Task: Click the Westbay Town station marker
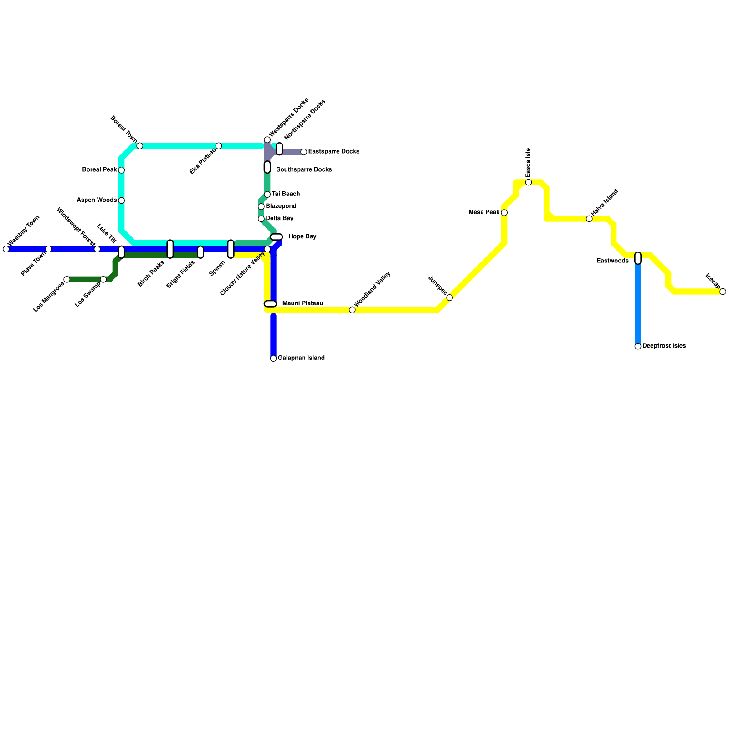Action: [6, 249]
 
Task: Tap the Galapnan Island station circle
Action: [273, 359]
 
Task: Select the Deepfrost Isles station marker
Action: [638, 346]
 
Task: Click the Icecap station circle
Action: [723, 292]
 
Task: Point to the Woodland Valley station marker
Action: [352, 310]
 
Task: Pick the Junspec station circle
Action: [450, 298]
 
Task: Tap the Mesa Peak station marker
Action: [504, 213]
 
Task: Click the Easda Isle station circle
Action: [529, 182]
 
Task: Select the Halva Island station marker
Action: [589, 219]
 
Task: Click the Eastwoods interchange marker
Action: [638, 258]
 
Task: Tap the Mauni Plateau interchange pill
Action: [270, 304]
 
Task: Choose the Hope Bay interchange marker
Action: [277, 237]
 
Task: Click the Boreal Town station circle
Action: [140, 146]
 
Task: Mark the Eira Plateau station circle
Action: [219, 146]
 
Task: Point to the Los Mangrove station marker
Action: [67, 279]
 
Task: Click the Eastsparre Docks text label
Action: [334, 152]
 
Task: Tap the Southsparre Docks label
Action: [304, 170]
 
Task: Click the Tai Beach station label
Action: [286, 194]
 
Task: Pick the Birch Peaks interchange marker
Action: [170, 249]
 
